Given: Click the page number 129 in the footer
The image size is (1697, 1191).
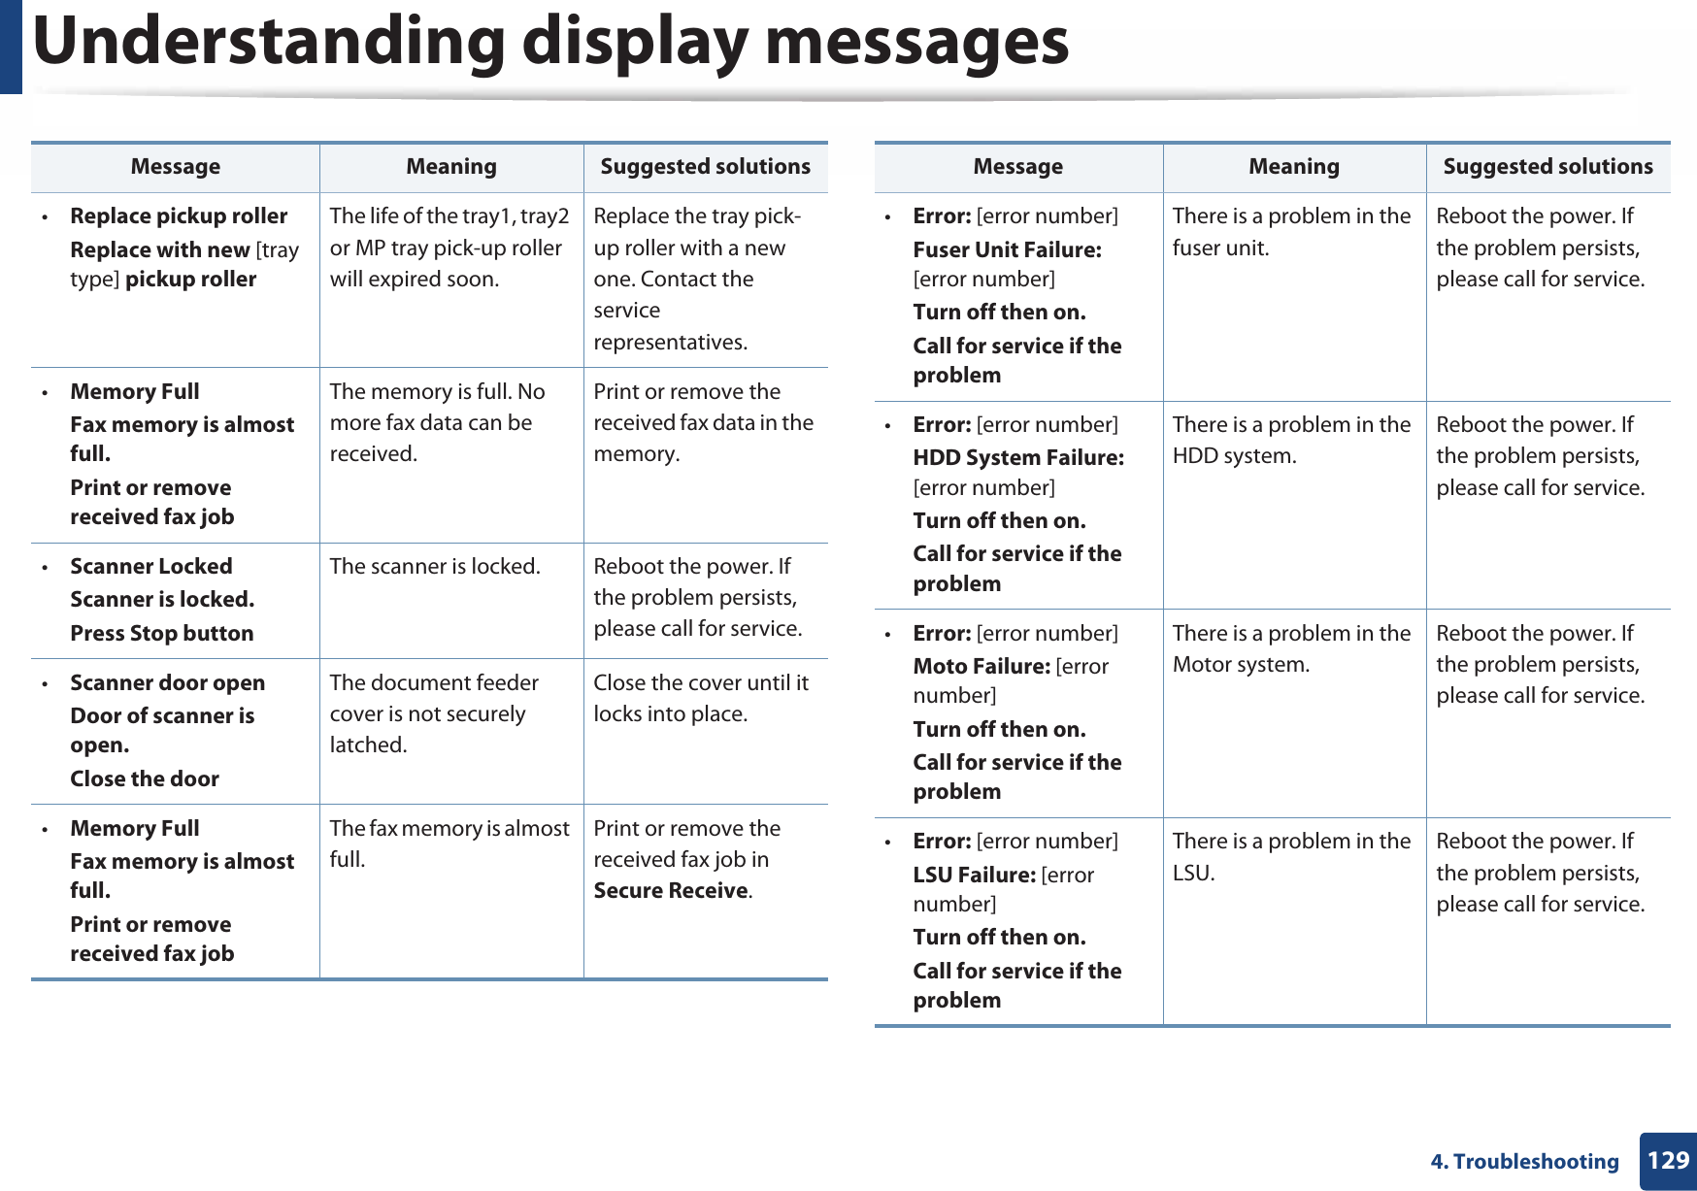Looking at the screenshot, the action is coord(1668,1160).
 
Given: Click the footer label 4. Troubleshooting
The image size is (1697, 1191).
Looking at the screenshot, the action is coord(1524,1162).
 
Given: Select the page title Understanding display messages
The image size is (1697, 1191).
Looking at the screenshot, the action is coord(550,42).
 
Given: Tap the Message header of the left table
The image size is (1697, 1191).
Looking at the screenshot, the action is coord(175,167).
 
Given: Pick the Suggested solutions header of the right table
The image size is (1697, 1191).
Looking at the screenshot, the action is coord(1547,167).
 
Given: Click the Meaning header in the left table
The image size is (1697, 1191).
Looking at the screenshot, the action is coord(450,167).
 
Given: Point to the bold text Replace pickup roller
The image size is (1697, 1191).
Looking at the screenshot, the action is coord(179,215).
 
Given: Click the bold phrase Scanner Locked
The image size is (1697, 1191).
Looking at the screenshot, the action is coord(150,566).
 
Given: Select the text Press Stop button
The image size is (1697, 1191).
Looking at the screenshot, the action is coord(161,633).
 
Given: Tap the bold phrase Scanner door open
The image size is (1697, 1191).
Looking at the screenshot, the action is coord(167,682).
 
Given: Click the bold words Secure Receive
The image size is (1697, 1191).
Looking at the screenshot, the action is coord(671,890).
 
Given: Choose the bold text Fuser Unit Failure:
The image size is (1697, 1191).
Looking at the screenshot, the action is coord(1007,249).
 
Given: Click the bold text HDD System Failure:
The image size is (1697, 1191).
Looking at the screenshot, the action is coord(1018,457).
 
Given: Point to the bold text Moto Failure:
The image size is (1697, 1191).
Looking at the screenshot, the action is coord(981,666).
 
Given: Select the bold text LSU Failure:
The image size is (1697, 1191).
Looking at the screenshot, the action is coord(974,875).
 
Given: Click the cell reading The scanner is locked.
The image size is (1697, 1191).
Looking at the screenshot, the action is coord(435,566).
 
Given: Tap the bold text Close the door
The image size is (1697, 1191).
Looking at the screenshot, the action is coord(145,778).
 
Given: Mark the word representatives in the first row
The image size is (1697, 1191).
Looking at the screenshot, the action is coord(670,342).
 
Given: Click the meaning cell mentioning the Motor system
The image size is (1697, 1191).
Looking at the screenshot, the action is coord(1290,648).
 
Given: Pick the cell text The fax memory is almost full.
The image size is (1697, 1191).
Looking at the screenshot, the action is coord(449,843).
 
